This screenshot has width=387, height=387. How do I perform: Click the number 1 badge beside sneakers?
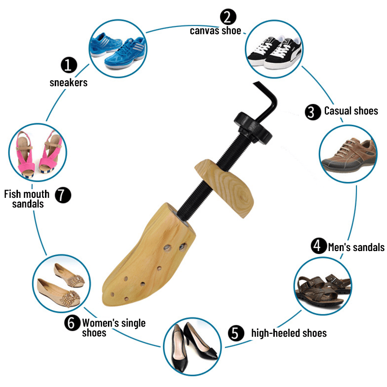pyautogui.click(x=69, y=64)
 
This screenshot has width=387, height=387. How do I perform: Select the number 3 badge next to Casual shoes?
pyautogui.click(x=313, y=112)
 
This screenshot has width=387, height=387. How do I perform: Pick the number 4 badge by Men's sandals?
pyautogui.click(x=318, y=246)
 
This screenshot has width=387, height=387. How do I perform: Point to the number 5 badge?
pyautogui.click(x=235, y=333)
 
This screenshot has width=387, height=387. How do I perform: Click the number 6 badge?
pyautogui.click(x=72, y=323)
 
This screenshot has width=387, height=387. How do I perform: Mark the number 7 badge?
pyautogui.click(x=63, y=195)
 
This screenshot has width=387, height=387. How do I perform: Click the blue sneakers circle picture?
pyautogui.click(x=117, y=48)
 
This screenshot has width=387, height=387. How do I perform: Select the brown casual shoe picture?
pyautogui.click(x=348, y=154)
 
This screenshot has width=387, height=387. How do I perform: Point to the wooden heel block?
pyautogui.click(x=227, y=186)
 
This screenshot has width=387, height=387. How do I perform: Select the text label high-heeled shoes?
pyautogui.click(x=289, y=333)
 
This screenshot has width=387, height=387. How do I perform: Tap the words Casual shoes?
pyautogui.click(x=351, y=111)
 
